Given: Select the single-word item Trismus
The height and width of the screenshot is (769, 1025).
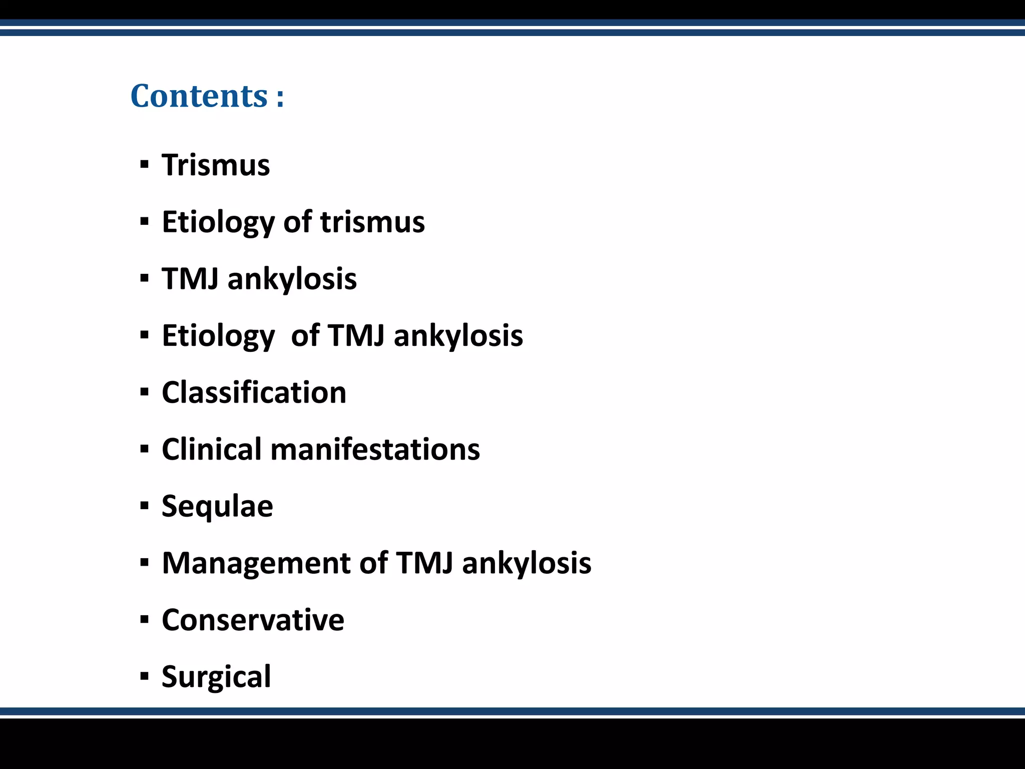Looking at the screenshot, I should coord(216,165).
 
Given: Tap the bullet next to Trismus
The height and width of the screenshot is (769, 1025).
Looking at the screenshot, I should coord(145,165).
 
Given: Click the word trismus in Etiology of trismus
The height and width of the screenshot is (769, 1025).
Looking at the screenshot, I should coord(372,222).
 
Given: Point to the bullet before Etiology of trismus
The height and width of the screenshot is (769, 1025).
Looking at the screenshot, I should coord(145,222).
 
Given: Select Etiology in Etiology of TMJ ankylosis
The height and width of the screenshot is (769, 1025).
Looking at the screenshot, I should coord(218,336).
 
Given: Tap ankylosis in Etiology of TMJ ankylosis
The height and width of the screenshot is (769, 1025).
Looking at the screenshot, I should coord(458,335).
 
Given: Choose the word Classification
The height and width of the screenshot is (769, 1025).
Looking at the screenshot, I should coord(254,393).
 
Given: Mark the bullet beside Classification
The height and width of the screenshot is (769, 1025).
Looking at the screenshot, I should coord(145,392).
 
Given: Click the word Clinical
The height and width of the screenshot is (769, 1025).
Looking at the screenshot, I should coord(211,449).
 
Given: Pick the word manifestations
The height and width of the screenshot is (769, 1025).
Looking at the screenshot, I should coord(375,449).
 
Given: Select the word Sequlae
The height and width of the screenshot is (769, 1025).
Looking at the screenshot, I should coord(217,507).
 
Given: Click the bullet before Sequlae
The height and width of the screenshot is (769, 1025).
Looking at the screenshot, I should coord(145,506).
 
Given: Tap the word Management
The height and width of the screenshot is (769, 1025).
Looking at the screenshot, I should coord(256,563).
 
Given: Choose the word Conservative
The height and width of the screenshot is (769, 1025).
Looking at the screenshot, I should coord(253,620).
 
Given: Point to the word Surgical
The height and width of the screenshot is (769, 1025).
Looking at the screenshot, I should coord(216,677).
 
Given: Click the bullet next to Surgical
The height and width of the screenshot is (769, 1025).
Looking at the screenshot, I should coord(145,677).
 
